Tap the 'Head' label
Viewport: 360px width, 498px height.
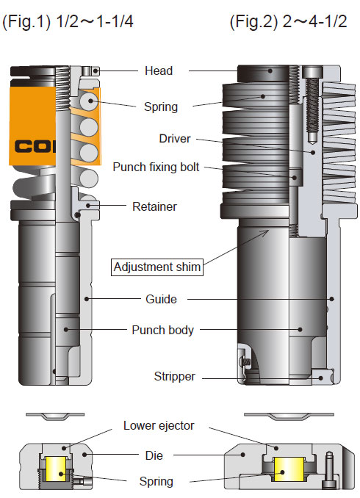[x=159, y=71]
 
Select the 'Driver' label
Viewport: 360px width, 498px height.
[x=175, y=138]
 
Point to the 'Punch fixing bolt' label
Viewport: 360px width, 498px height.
[x=156, y=167]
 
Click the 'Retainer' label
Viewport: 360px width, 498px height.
[x=154, y=206]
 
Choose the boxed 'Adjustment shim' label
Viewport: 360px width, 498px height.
[x=156, y=267]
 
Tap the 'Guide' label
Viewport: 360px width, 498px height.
[x=161, y=299]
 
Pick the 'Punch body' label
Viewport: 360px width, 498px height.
[x=162, y=330]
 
